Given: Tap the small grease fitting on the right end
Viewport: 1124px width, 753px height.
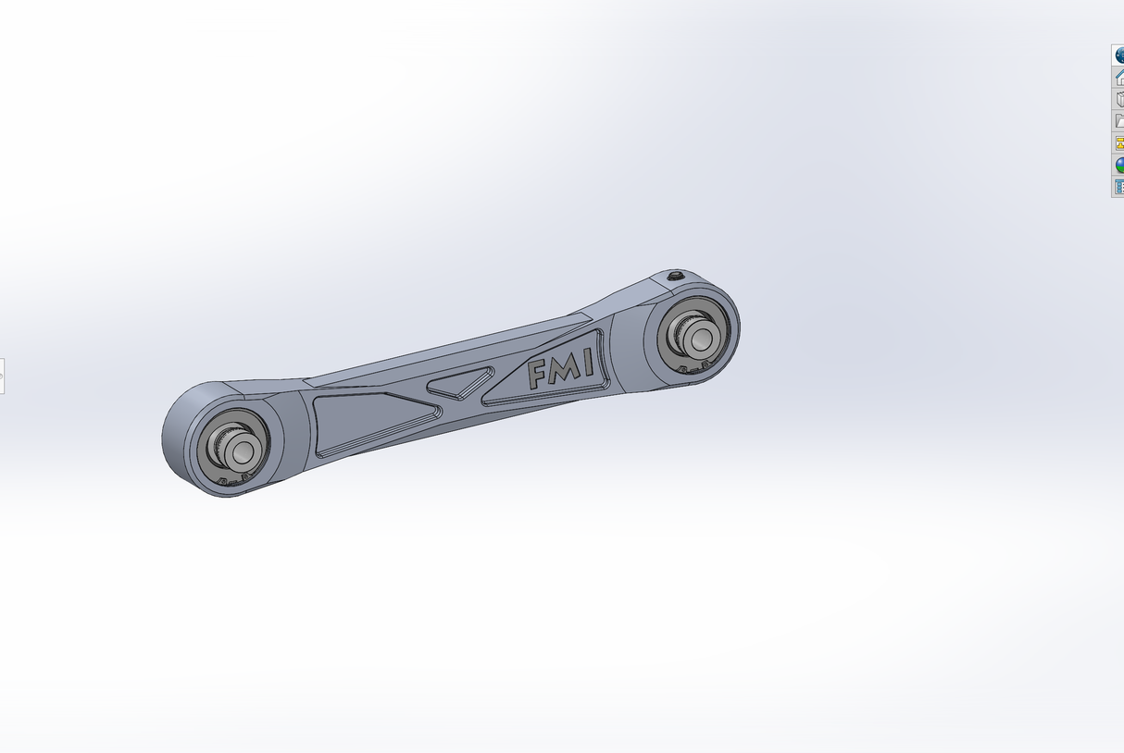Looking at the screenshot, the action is [677, 276].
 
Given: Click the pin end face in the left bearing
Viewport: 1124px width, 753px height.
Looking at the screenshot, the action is [242, 452].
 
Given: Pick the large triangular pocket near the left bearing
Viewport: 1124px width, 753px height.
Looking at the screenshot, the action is [375, 424].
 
